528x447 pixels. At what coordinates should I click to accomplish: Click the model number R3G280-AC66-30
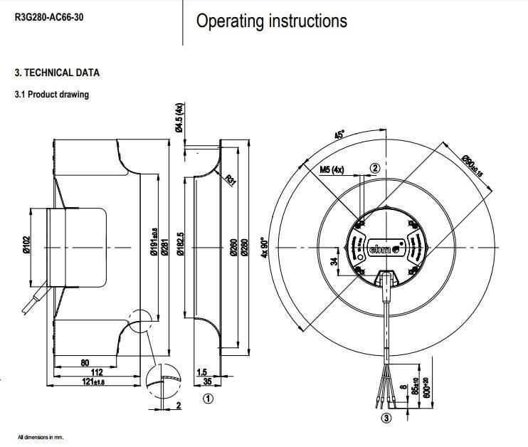(x=49, y=16)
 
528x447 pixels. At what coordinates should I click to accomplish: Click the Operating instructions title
(x=271, y=21)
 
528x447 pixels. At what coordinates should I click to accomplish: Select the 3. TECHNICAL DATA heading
(x=58, y=73)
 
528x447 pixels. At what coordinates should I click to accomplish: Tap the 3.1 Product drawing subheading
(x=52, y=95)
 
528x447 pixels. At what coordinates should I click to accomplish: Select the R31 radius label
(x=230, y=179)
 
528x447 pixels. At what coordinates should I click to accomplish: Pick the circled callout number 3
(x=386, y=418)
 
